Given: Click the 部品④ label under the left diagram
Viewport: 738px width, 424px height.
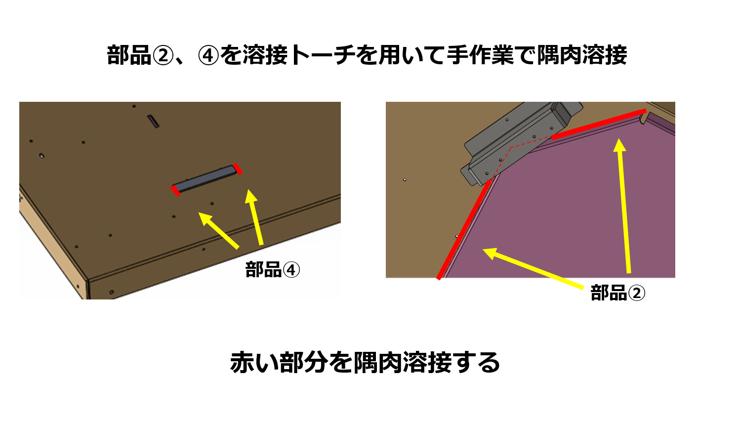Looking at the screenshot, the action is pos(273,270).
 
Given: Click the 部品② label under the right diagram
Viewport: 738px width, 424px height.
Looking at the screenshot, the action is pos(618,293).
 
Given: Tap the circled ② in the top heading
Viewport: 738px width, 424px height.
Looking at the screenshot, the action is pos(163,55).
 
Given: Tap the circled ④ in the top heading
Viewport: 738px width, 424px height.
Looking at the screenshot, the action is pos(208,55).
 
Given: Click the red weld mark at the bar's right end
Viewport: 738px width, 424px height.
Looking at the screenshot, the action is pos(238,169).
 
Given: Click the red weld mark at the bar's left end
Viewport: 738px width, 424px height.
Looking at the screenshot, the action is pos(175,191).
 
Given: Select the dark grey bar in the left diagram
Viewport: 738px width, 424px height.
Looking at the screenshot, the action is pos(206,179).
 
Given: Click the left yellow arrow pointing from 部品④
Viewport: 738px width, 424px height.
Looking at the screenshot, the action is pos(218,230).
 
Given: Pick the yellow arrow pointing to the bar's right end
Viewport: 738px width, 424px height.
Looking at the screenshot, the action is pos(254,217).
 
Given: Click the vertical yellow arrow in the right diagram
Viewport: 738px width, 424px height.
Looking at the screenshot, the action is pos(624,206).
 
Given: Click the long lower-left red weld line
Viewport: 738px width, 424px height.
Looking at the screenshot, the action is pos(464,229).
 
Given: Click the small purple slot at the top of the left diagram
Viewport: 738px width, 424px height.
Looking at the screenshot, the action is pos(153,121).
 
